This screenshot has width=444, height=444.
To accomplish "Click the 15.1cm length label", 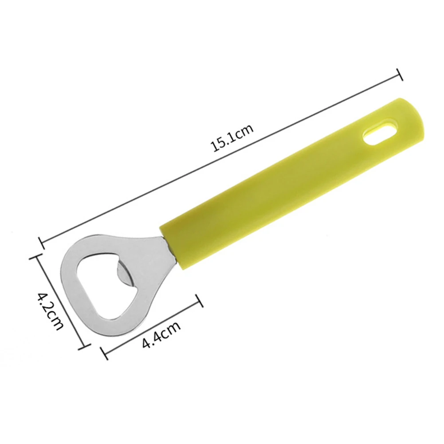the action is [232, 138].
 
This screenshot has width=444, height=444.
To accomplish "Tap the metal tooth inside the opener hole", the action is [124, 275].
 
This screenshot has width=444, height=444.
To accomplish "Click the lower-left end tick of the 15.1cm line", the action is [41, 243].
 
